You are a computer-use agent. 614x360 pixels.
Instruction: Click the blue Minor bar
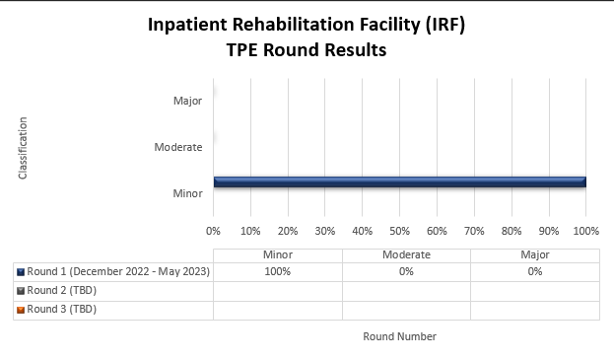[399, 181]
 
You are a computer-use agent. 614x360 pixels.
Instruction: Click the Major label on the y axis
[187, 100]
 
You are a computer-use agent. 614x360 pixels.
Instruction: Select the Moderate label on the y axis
[178, 147]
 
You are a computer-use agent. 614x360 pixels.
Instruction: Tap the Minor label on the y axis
[187, 193]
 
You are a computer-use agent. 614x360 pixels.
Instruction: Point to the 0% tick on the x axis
[213, 231]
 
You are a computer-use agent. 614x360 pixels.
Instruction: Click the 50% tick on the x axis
[399, 231]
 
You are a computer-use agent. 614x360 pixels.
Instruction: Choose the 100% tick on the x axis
[585, 231]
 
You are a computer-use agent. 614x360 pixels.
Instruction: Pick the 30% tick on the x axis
[324, 231]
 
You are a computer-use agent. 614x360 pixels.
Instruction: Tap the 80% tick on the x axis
[511, 231]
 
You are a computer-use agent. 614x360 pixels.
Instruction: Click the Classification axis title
[23, 148]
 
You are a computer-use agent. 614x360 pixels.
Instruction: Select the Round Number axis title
[399, 336]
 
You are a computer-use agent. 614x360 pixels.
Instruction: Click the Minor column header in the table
[277, 254]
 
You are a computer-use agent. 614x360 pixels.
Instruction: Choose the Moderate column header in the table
[406, 254]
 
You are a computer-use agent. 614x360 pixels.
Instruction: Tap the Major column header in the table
[534, 254]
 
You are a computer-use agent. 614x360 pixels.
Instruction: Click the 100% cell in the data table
[277, 272]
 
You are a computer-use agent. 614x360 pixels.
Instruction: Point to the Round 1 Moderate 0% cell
[406, 272]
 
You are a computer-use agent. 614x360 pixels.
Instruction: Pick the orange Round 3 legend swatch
[21, 310]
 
